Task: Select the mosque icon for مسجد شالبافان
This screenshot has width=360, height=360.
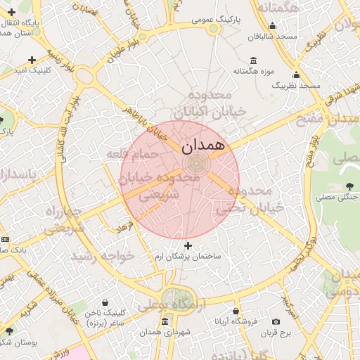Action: pos(273,27)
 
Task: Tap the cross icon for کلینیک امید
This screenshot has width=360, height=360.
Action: pos(32,60)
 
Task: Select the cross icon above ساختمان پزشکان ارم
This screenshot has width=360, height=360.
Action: pos(188,245)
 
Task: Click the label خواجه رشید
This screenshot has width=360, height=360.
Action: pos(108,256)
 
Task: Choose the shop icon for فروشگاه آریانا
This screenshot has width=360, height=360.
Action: pos(236,311)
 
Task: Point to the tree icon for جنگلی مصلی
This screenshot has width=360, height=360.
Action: pos(349,186)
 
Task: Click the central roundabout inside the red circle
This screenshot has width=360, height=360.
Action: pos(197,165)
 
